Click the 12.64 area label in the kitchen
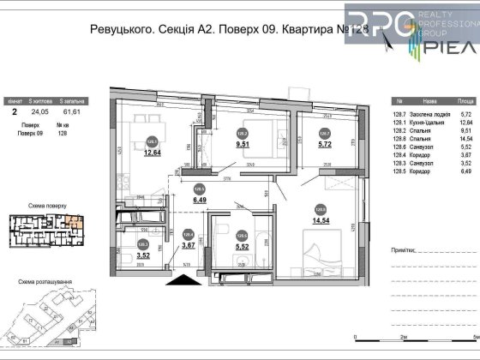tap(153, 153)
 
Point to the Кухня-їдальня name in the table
tap(418, 123)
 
